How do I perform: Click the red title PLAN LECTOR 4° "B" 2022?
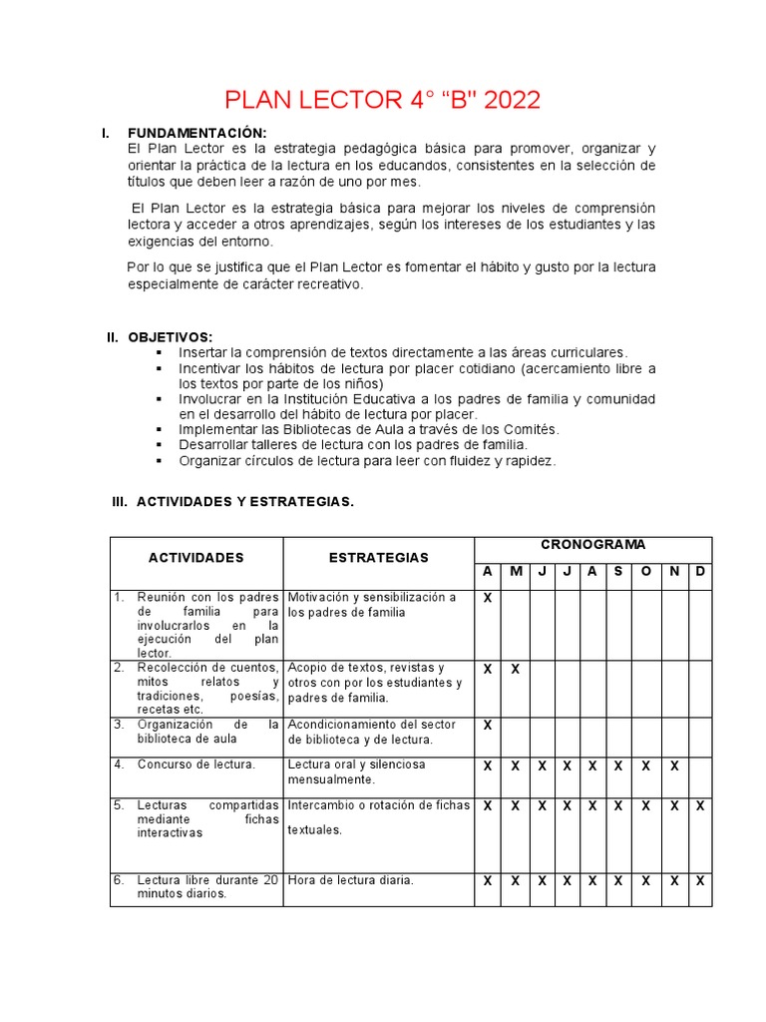pyautogui.click(x=382, y=100)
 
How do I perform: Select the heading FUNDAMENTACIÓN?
pyautogui.click(x=196, y=134)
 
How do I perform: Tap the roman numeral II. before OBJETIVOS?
pyautogui.click(x=113, y=337)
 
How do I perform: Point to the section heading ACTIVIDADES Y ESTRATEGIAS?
pyautogui.click(x=244, y=501)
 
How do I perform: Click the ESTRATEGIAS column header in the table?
pyautogui.click(x=379, y=557)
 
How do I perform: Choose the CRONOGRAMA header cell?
pyautogui.click(x=592, y=545)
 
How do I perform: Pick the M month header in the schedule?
pyautogui.click(x=516, y=572)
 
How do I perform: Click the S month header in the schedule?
pyautogui.click(x=618, y=572)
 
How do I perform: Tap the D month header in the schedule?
pyautogui.click(x=700, y=572)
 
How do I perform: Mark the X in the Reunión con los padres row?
pyautogui.click(x=488, y=598)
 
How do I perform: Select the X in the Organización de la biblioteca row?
pyautogui.click(x=488, y=726)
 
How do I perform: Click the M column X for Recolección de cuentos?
pyautogui.click(x=516, y=669)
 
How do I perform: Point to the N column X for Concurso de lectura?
pyautogui.click(x=675, y=766)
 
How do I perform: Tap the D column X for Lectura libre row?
pyautogui.click(x=700, y=881)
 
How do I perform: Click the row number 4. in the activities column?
pyautogui.click(x=119, y=765)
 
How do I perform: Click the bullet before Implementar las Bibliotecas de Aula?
pyautogui.click(x=159, y=429)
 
